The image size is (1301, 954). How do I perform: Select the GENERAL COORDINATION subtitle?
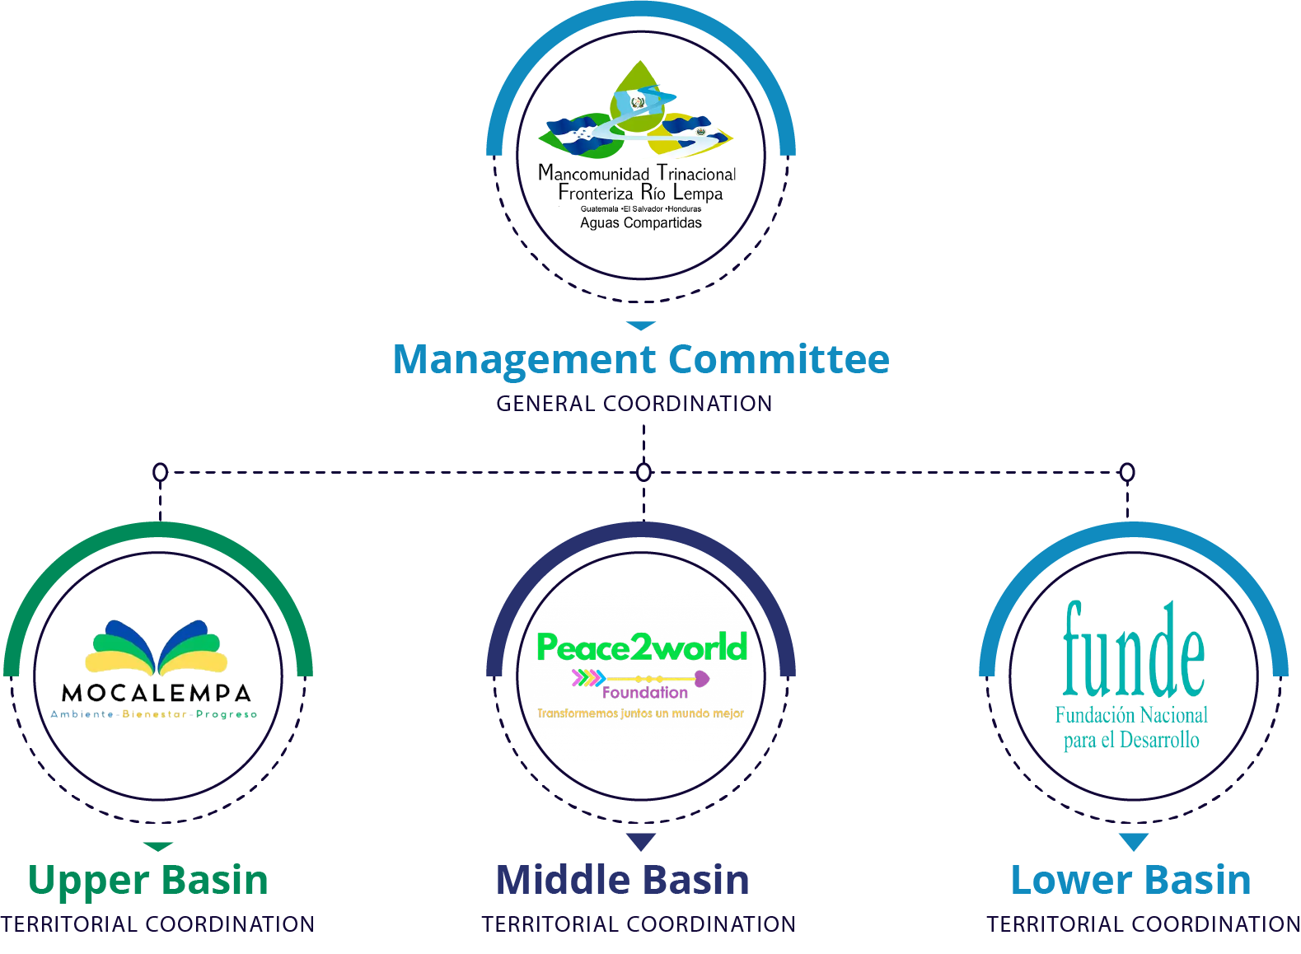point(634,404)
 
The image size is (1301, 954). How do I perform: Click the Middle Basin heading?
point(623,880)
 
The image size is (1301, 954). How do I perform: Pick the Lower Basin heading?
point(1130,880)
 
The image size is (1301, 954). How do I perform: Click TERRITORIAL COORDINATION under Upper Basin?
point(157,924)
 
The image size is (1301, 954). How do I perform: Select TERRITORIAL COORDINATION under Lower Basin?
point(1144,924)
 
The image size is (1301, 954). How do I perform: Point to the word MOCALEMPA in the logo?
point(157,693)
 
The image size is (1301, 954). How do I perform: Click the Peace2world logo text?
point(642,648)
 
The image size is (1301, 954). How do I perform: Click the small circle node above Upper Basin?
point(161,472)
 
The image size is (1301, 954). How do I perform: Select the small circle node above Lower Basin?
point(1127,472)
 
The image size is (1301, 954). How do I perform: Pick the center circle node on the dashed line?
point(643,472)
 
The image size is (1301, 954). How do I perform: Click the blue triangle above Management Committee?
point(641,325)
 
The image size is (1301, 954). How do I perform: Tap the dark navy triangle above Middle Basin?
point(641,842)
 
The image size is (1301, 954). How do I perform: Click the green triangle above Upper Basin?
point(157,847)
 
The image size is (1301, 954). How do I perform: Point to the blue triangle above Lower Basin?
point(1134,842)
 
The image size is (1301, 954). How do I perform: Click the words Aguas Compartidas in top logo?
point(641,222)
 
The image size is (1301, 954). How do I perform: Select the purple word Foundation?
point(644,693)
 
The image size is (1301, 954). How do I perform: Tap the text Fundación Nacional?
point(1131,715)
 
